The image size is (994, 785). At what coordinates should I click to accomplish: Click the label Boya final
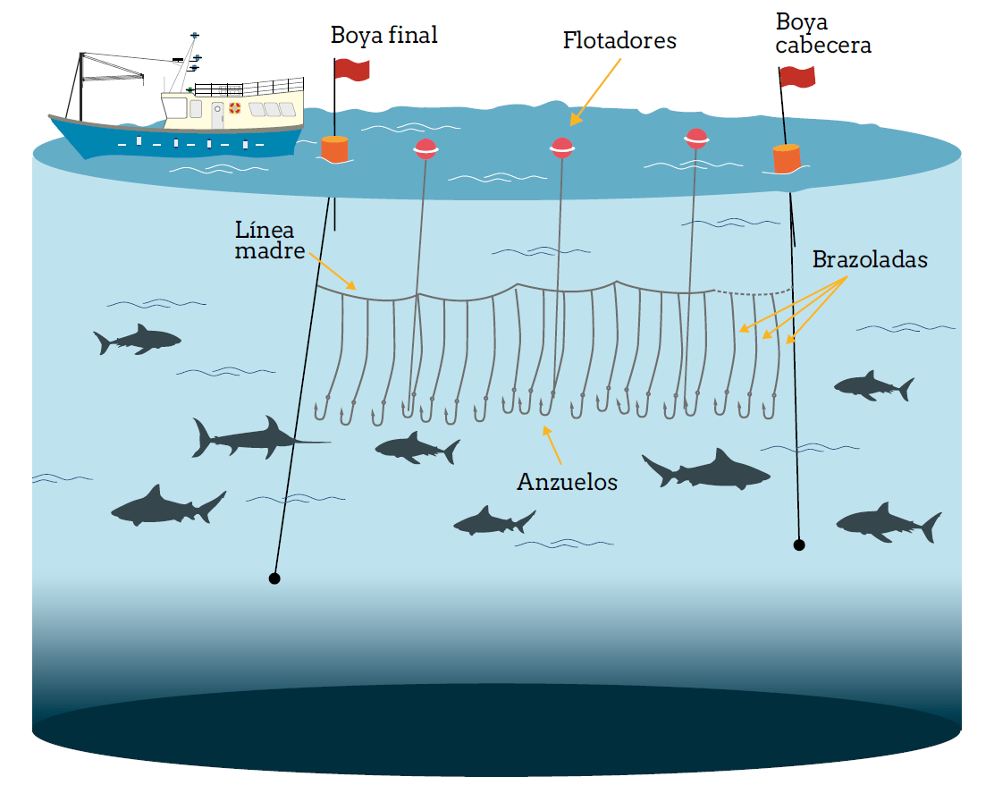coord(383,36)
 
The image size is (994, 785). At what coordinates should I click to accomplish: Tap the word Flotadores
coord(619,40)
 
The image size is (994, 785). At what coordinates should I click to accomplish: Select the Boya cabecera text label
coord(822,34)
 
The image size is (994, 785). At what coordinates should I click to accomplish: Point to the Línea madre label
coord(270,240)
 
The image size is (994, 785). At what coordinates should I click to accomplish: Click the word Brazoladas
coord(869,260)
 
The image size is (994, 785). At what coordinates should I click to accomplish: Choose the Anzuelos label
coord(567,482)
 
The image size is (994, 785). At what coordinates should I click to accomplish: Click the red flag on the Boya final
coord(352,69)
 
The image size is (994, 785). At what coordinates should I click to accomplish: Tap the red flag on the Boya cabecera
coord(797,76)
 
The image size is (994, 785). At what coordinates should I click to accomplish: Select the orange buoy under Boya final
coord(334,148)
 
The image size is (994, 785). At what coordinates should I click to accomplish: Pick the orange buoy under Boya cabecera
coord(787,158)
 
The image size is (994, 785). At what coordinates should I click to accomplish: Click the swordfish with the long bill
coord(250,438)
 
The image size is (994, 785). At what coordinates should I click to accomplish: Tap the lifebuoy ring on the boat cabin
coord(235,108)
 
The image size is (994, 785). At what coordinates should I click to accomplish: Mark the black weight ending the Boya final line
coord(274,578)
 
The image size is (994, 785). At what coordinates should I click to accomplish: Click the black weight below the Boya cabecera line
coord(799,544)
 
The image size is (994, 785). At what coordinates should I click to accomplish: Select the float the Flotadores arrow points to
coord(561,148)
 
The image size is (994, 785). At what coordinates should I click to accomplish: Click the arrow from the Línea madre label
coord(334,272)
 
